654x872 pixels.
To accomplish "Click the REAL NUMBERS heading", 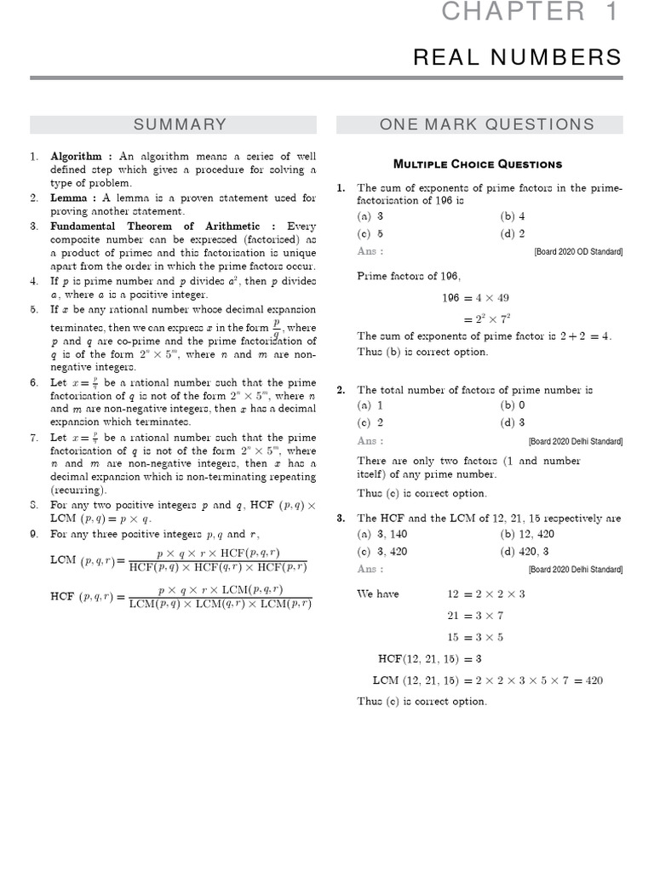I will (529, 57).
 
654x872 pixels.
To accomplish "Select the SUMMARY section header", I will (179, 124).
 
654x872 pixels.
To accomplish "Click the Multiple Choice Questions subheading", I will (477, 163).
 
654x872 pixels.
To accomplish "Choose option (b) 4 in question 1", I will (513, 216).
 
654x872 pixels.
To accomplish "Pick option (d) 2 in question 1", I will (513, 233).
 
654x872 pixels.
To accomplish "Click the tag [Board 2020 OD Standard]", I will (578, 252).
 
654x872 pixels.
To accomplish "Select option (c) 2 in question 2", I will (370, 422).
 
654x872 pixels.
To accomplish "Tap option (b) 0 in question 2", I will (513, 405).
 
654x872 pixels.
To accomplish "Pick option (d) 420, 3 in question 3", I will (524, 551).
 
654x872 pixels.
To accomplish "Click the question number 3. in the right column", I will (341, 518).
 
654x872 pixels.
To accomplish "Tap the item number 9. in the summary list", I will (35, 534).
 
